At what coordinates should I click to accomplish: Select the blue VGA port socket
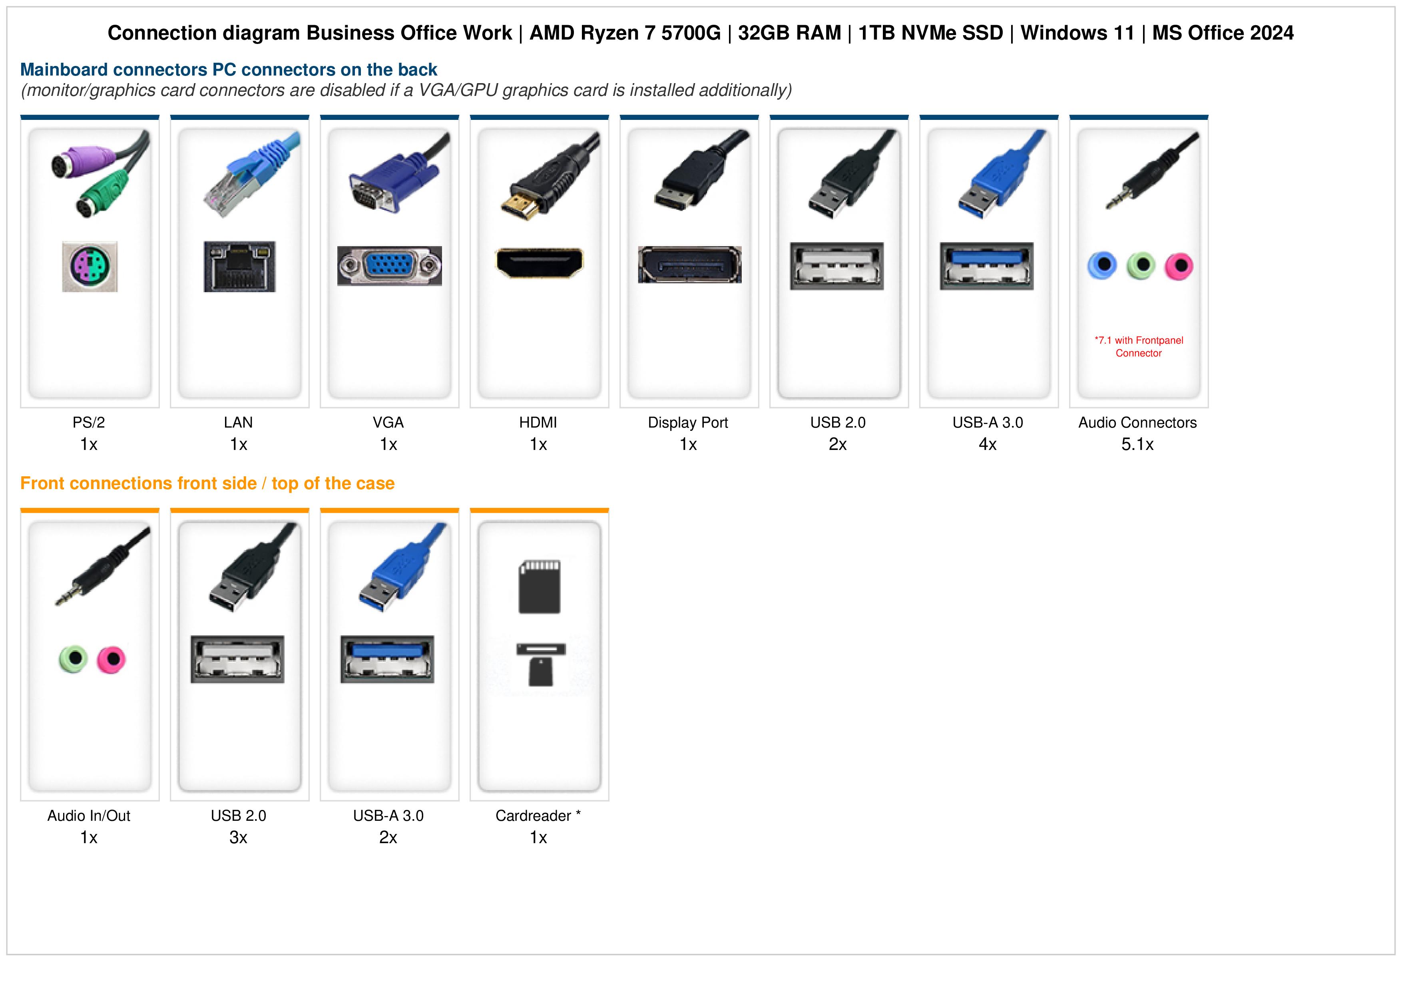pyautogui.click(x=390, y=266)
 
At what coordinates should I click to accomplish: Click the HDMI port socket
pyautogui.click(x=539, y=263)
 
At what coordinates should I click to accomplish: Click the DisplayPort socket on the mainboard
pyautogui.click(x=689, y=265)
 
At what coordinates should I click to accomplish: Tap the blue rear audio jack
pyautogui.click(x=1102, y=266)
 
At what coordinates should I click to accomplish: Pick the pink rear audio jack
pyautogui.click(x=1179, y=266)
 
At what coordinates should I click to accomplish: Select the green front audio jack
pyautogui.click(x=73, y=659)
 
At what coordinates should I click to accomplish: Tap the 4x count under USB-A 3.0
pyautogui.click(x=988, y=444)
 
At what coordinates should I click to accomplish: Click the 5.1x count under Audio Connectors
pyautogui.click(x=1137, y=444)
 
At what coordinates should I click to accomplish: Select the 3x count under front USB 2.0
pyautogui.click(x=238, y=838)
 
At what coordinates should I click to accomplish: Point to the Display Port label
pyautogui.click(x=688, y=422)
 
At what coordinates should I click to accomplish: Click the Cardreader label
pyautogui.click(x=533, y=816)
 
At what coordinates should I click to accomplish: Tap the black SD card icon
pyautogui.click(x=539, y=587)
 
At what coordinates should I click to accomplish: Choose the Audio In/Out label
pyautogui.click(x=89, y=816)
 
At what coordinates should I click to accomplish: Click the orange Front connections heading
pyautogui.click(x=207, y=484)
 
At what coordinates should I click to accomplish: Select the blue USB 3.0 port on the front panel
pyautogui.click(x=387, y=659)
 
